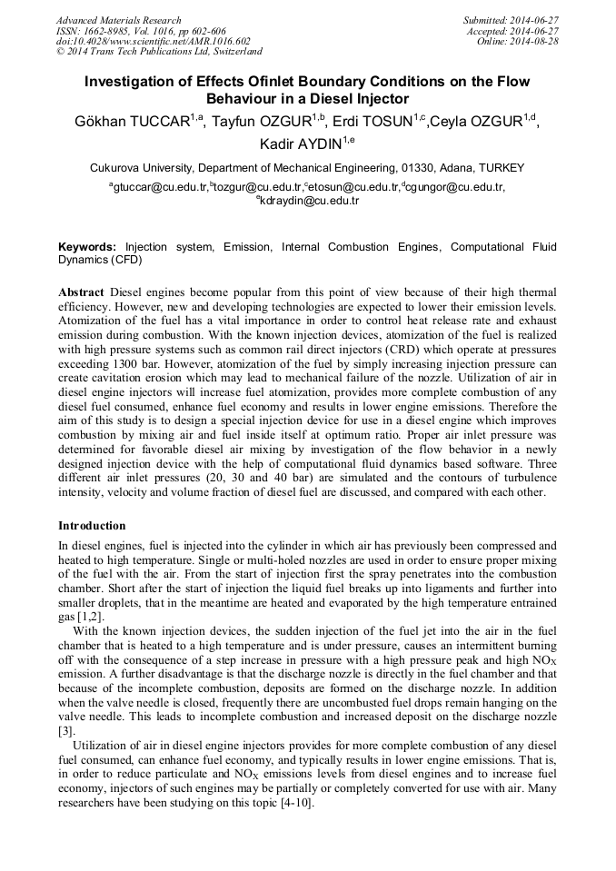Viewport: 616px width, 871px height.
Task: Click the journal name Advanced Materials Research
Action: (x=118, y=20)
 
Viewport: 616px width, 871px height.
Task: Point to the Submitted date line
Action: (x=512, y=20)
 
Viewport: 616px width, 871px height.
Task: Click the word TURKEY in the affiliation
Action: (x=500, y=168)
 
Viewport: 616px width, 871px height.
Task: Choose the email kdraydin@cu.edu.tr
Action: (x=309, y=201)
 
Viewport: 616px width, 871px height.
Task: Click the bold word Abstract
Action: (x=82, y=292)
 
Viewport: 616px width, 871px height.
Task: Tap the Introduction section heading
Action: (x=92, y=526)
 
